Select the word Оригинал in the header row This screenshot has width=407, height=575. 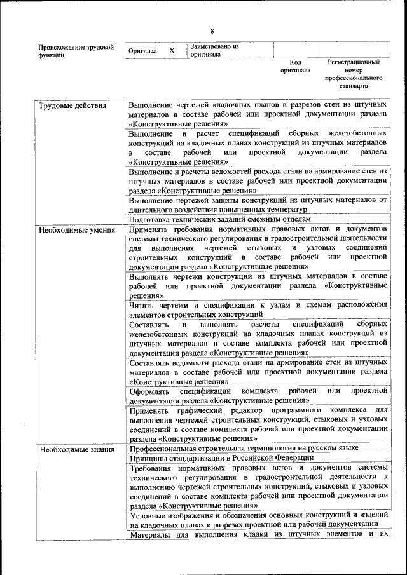pos(142,51)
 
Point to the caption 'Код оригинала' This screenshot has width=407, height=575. pos(295,66)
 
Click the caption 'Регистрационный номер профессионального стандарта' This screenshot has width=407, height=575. pos(354,74)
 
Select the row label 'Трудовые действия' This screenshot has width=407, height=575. pos(73,105)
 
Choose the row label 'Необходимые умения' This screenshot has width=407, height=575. pos(77,229)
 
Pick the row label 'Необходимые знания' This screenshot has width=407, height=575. pos(76,449)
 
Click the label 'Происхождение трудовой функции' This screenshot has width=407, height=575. pos(76,51)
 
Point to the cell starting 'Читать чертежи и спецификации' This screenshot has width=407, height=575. pos(258,309)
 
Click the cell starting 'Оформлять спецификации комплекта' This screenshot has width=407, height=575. pos(258,396)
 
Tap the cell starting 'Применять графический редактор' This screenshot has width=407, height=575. pos(258,424)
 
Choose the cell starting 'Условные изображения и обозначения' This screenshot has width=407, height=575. pos(258,519)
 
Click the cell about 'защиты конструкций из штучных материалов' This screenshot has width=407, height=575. pos(258,205)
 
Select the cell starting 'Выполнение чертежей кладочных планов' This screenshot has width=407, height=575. pos(258,114)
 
